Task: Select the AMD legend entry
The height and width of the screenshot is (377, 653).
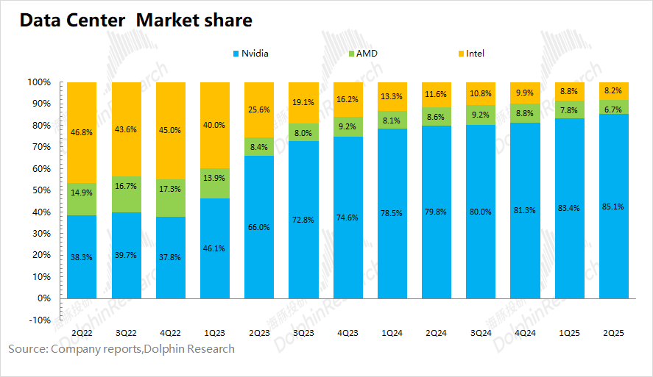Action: click(367, 54)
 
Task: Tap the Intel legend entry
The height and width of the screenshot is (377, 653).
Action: click(475, 54)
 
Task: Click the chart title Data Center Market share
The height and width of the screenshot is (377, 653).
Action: click(135, 21)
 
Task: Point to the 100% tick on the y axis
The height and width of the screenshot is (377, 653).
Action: click(38, 82)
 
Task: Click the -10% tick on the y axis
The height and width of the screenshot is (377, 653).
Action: click(38, 320)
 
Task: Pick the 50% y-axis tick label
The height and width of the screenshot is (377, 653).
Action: click(40, 190)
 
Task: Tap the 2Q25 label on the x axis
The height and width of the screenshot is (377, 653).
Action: click(613, 333)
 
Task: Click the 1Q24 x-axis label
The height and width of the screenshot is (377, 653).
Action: click(392, 333)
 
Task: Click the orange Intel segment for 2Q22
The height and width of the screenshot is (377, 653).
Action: click(91, 132)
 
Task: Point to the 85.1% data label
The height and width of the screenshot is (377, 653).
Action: click(613, 207)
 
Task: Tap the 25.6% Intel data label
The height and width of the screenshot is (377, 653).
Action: click(259, 109)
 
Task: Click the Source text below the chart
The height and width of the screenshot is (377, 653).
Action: click(121, 349)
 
